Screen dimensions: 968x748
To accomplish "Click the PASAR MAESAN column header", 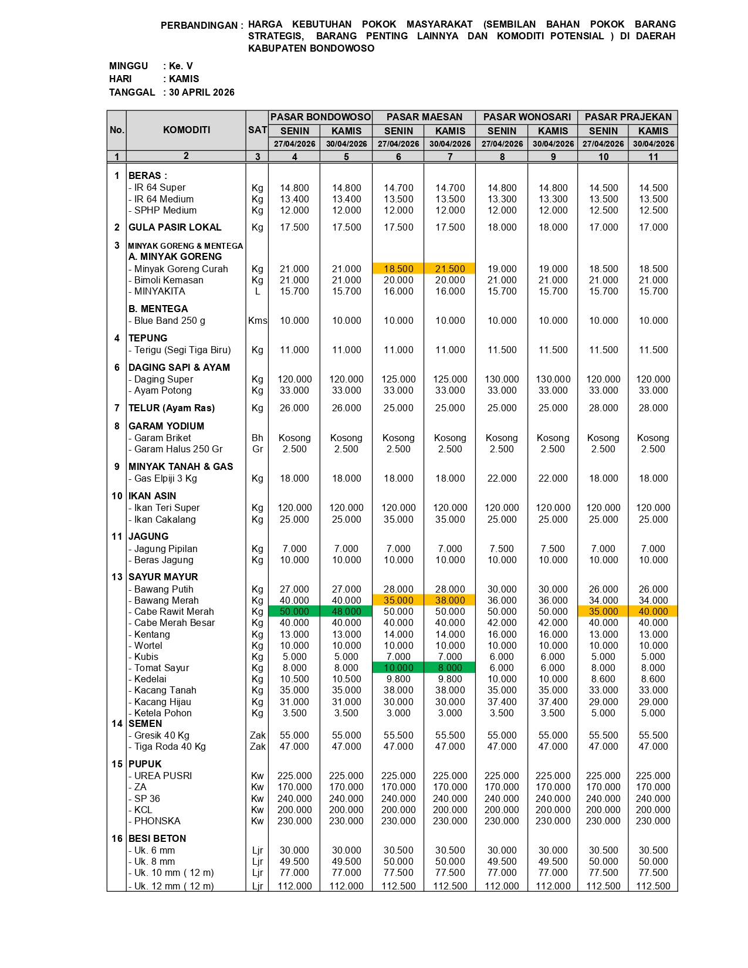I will click(x=424, y=117).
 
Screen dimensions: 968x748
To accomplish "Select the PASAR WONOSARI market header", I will click(x=526, y=117).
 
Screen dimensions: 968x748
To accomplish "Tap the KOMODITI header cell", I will click(x=186, y=130).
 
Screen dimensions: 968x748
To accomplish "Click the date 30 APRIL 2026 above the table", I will click(x=202, y=92).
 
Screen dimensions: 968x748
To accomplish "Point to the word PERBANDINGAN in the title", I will click(x=199, y=25).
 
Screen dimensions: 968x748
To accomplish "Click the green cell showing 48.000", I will click(x=346, y=611).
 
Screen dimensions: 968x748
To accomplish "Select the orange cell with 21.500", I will click(x=450, y=269).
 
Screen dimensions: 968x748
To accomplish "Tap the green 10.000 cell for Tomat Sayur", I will click(x=398, y=668).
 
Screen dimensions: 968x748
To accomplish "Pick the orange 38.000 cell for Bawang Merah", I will click(x=450, y=600).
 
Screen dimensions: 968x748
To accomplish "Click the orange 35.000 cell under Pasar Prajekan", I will click(x=603, y=611).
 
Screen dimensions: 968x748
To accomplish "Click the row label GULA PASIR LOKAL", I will click(x=175, y=227).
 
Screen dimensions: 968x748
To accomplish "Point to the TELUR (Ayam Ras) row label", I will click(x=171, y=408).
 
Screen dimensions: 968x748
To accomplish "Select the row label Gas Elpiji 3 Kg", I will click(x=165, y=478).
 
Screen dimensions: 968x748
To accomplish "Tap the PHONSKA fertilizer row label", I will click(x=157, y=821).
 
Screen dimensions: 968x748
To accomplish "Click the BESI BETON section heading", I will click(x=157, y=838).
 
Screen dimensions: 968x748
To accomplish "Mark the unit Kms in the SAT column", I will click(x=258, y=320).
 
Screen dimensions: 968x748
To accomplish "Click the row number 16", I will click(x=117, y=838).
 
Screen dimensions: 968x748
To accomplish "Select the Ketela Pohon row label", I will click(x=163, y=713).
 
